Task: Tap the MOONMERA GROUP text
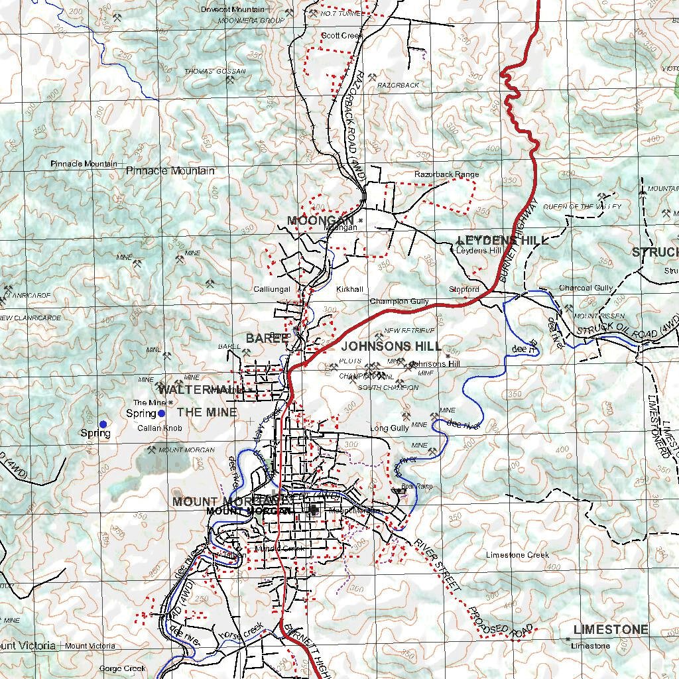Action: coord(251,21)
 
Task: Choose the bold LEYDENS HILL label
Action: coord(503,240)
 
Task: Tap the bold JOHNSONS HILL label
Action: coord(391,347)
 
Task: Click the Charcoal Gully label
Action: coord(586,288)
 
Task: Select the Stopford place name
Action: coord(463,290)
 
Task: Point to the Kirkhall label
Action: coord(349,290)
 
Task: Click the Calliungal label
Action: coord(272,290)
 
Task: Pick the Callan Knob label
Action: coord(159,428)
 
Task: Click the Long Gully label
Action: coord(389,428)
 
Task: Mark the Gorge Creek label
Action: coord(122,668)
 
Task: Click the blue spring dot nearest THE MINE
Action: coord(161,413)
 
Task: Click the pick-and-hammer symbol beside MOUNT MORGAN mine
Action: coord(151,450)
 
